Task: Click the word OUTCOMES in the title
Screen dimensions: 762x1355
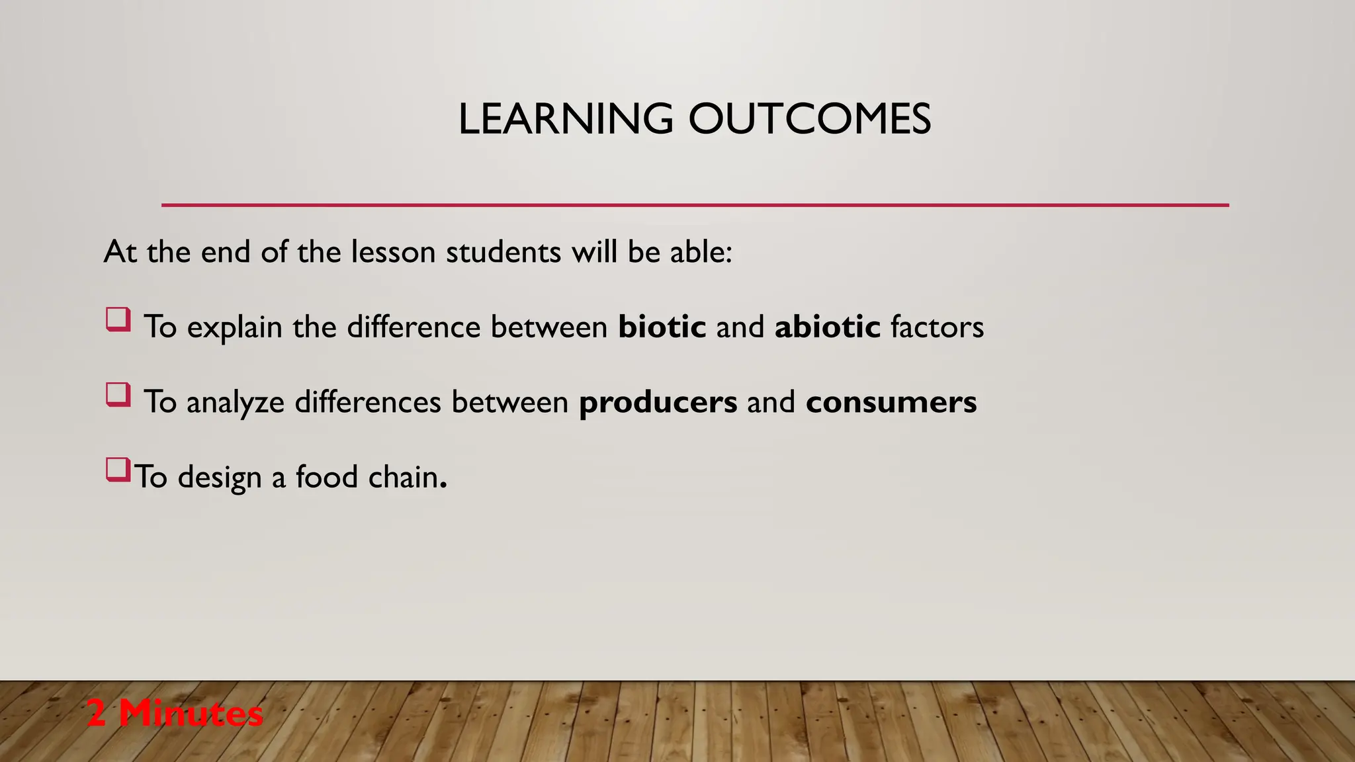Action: (x=809, y=120)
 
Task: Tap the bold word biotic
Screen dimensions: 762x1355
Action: (x=662, y=327)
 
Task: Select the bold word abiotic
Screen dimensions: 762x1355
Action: (x=827, y=327)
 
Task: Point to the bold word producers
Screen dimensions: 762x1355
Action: (x=658, y=402)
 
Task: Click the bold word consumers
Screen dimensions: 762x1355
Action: (x=891, y=402)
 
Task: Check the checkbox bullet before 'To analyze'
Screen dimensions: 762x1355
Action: (x=118, y=395)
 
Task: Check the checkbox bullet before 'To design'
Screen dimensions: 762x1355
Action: (x=118, y=470)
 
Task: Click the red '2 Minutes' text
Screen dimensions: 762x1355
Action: (x=175, y=714)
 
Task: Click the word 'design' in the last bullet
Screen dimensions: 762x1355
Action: (x=220, y=478)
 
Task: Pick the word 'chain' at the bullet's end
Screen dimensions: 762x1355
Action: (x=404, y=476)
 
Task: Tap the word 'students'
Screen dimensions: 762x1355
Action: (x=503, y=252)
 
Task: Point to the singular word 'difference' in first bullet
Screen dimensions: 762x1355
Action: (x=414, y=327)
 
